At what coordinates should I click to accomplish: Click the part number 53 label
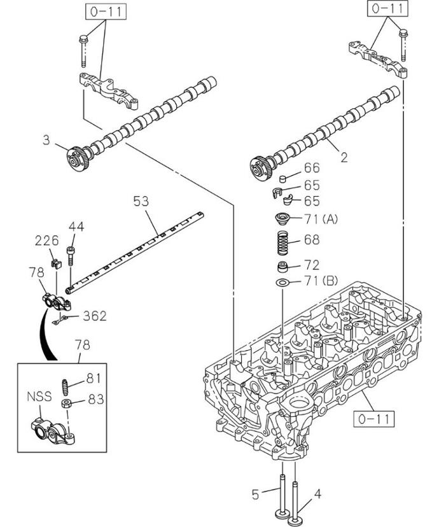[x=141, y=201]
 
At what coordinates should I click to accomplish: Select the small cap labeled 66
[x=284, y=178]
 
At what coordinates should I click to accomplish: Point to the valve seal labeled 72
[x=283, y=267]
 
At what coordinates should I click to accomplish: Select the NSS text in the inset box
[x=39, y=397]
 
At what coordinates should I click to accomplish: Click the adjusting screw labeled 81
[x=65, y=387]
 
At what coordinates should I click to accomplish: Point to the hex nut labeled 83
[x=66, y=404]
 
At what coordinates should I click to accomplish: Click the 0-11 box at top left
[x=106, y=11]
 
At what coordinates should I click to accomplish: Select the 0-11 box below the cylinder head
[x=373, y=419]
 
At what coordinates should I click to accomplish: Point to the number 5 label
[x=256, y=495]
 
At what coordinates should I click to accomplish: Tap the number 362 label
[x=95, y=316]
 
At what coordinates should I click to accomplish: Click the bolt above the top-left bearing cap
[x=83, y=50]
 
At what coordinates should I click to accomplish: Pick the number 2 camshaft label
[x=344, y=157]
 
